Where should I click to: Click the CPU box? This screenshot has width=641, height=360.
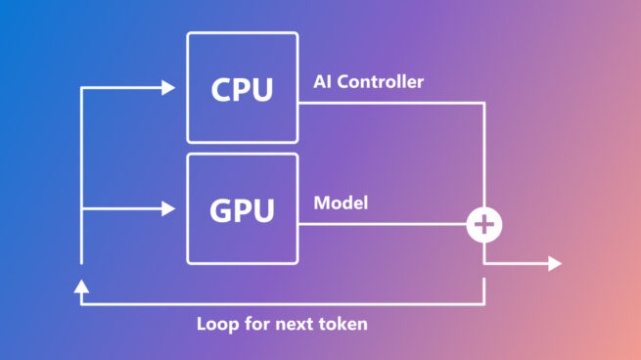coord(243,88)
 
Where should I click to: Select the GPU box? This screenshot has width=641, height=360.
coord(243,208)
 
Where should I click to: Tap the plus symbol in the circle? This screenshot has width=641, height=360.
coord(484,225)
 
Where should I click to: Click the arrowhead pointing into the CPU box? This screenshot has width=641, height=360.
coord(168,88)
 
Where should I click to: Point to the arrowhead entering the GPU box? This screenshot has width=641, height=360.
coord(168,208)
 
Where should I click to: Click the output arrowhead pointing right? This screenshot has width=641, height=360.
coord(555,263)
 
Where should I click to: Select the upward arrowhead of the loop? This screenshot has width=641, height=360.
coord(81,287)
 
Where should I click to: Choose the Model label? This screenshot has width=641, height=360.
coord(341,203)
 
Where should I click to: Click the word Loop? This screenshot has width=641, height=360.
coord(215,324)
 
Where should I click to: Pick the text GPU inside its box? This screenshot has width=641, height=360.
coord(242,209)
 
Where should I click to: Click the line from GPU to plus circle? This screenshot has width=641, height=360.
coord(382,225)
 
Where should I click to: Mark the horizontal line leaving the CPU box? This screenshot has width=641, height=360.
coord(391,102)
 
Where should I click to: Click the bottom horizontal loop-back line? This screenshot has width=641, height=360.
coord(284,303)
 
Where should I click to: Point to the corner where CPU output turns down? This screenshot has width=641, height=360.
coord(484,102)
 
